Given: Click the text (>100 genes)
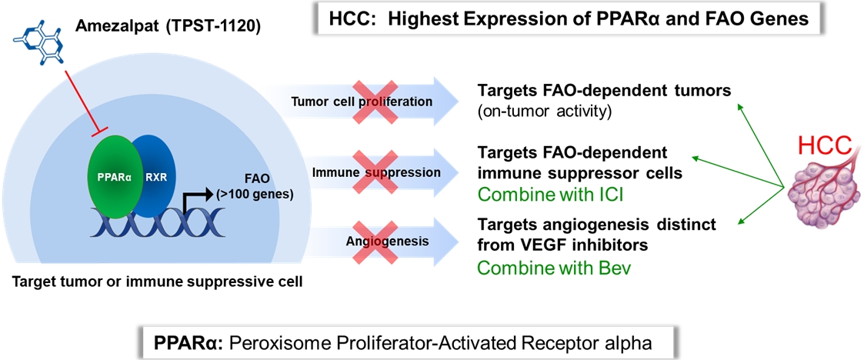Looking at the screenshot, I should (265, 193).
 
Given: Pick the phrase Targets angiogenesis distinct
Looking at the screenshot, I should (597, 225).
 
